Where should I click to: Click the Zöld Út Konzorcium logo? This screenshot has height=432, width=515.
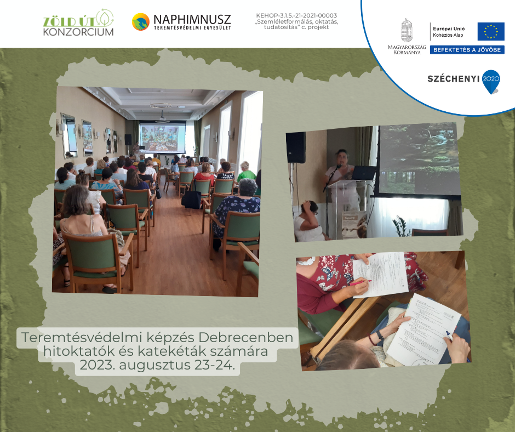point(78,22)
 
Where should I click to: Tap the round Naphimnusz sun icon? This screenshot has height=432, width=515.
point(141,22)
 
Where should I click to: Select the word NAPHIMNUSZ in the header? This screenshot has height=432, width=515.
point(192,19)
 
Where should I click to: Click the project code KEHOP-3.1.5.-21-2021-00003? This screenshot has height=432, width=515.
point(296,15)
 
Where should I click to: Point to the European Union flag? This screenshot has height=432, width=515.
point(491,32)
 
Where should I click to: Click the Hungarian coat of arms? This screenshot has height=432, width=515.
point(407,30)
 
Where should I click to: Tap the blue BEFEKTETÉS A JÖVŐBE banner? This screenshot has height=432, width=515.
point(467,50)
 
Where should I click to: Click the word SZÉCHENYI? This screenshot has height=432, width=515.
point(453,79)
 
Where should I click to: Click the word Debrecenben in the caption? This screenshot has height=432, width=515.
point(246,338)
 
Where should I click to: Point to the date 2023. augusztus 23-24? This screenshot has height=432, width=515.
point(157,365)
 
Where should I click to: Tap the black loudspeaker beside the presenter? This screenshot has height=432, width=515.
point(296,147)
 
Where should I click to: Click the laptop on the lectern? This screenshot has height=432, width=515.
point(364,173)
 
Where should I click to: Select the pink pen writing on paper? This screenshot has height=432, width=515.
point(360,282)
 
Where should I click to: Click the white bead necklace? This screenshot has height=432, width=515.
point(306,262)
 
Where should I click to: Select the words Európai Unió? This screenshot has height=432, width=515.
point(449,29)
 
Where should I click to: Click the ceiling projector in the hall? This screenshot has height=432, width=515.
point(162,118)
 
